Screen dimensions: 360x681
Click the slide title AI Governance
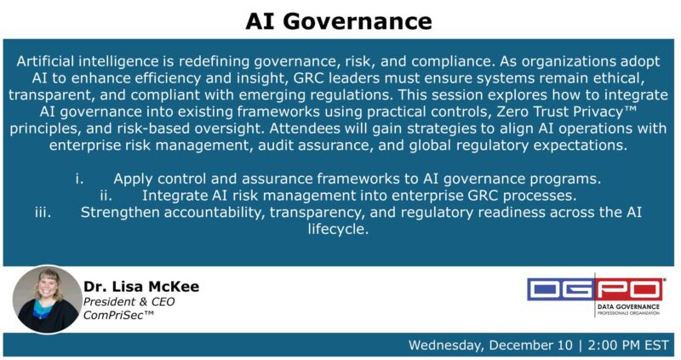[x=339, y=20]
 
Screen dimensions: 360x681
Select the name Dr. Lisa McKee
[x=140, y=287]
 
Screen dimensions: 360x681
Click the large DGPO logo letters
[x=595, y=289]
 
